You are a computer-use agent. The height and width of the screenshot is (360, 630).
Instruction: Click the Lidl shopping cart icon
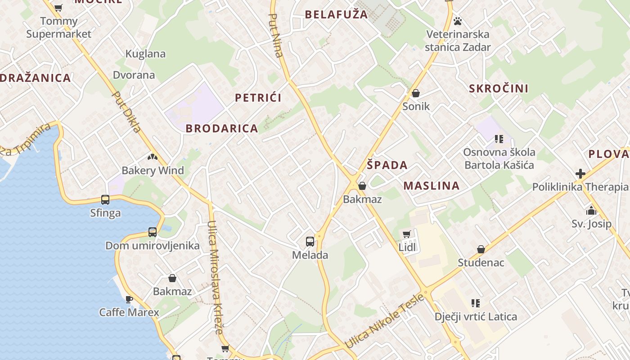(x=407, y=234)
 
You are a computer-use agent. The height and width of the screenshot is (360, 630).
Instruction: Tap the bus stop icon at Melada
(x=310, y=242)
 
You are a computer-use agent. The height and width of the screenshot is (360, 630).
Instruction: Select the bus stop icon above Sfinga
(x=105, y=199)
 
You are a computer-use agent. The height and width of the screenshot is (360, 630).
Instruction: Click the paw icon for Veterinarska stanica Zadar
(x=458, y=21)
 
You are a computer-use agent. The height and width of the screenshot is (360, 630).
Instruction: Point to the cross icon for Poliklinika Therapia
(x=580, y=174)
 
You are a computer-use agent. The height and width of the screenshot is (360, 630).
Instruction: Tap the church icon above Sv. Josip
(x=591, y=211)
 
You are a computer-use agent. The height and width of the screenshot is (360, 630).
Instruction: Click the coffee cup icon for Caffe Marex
(x=129, y=299)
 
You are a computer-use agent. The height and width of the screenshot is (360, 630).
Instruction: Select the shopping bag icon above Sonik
(x=416, y=93)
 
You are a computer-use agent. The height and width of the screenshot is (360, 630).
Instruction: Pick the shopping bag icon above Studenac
(x=481, y=249)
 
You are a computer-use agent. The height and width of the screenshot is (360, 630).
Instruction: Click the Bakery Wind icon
(x=153, y=157)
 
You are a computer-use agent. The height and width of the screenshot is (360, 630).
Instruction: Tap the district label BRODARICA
(x=222, y=129)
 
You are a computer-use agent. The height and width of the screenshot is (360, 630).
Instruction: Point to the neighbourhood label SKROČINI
(x=499, y=89)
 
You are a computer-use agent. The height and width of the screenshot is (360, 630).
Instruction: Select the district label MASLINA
(x=432, y=186)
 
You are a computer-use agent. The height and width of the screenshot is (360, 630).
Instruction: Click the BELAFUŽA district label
(x=337, y=14)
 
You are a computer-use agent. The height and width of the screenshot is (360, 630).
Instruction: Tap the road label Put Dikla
(x=126, y=112)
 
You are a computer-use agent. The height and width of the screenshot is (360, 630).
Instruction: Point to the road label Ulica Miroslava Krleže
(x=215, y=277)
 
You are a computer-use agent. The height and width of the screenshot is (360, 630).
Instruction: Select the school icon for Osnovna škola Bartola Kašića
(x=499, y=139)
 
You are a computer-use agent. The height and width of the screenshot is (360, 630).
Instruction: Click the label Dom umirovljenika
(x=153, y=246)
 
